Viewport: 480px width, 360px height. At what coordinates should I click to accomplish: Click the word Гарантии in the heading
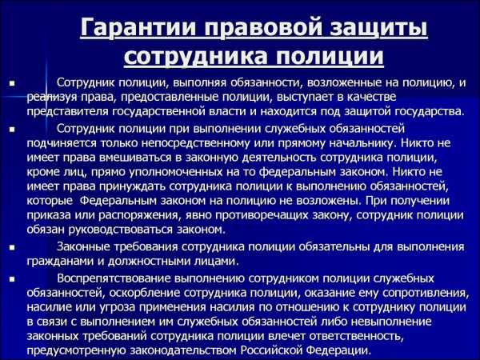tap(138, 27)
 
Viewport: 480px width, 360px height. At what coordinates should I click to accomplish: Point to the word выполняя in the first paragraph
tap(199, 82)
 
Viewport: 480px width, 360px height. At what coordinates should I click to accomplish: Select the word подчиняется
tap(62, 143)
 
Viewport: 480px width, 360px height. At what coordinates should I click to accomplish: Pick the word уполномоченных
tap(175, 172)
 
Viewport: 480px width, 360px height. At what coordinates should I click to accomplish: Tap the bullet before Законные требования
tap(12, 247)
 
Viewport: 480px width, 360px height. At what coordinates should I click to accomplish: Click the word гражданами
tap(62, 262)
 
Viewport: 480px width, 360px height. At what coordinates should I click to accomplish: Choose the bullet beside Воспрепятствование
tap(12, 279)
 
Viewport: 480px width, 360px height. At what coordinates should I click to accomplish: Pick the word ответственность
tap(355, 336)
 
